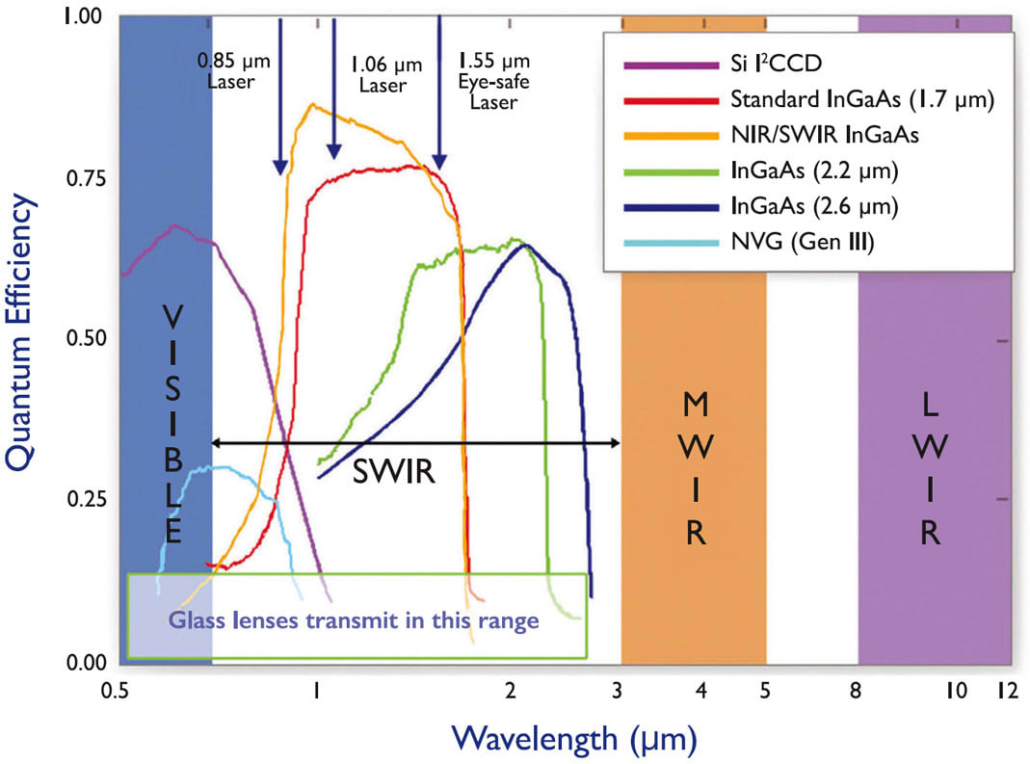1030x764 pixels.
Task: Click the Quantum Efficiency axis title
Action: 23,332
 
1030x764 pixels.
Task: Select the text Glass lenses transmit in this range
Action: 354,619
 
